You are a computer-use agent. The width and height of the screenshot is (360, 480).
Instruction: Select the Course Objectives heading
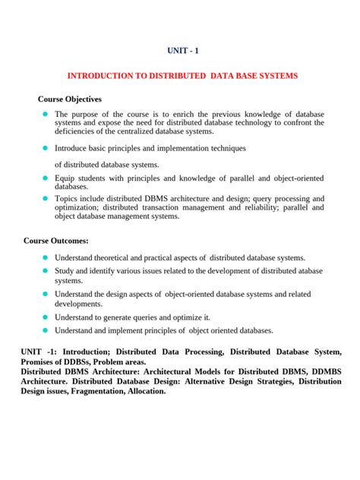point(70,99)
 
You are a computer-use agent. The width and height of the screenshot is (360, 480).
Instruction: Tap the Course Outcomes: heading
point(56,241)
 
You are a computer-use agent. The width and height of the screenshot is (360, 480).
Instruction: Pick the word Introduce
point(74,148)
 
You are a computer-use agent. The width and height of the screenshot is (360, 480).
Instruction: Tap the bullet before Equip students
point(45,178)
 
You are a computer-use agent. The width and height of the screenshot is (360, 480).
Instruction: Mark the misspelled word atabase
point(307,271)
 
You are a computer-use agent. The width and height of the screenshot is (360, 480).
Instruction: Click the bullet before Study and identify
point(45,271)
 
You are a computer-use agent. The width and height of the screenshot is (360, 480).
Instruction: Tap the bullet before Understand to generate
point(45,317)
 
